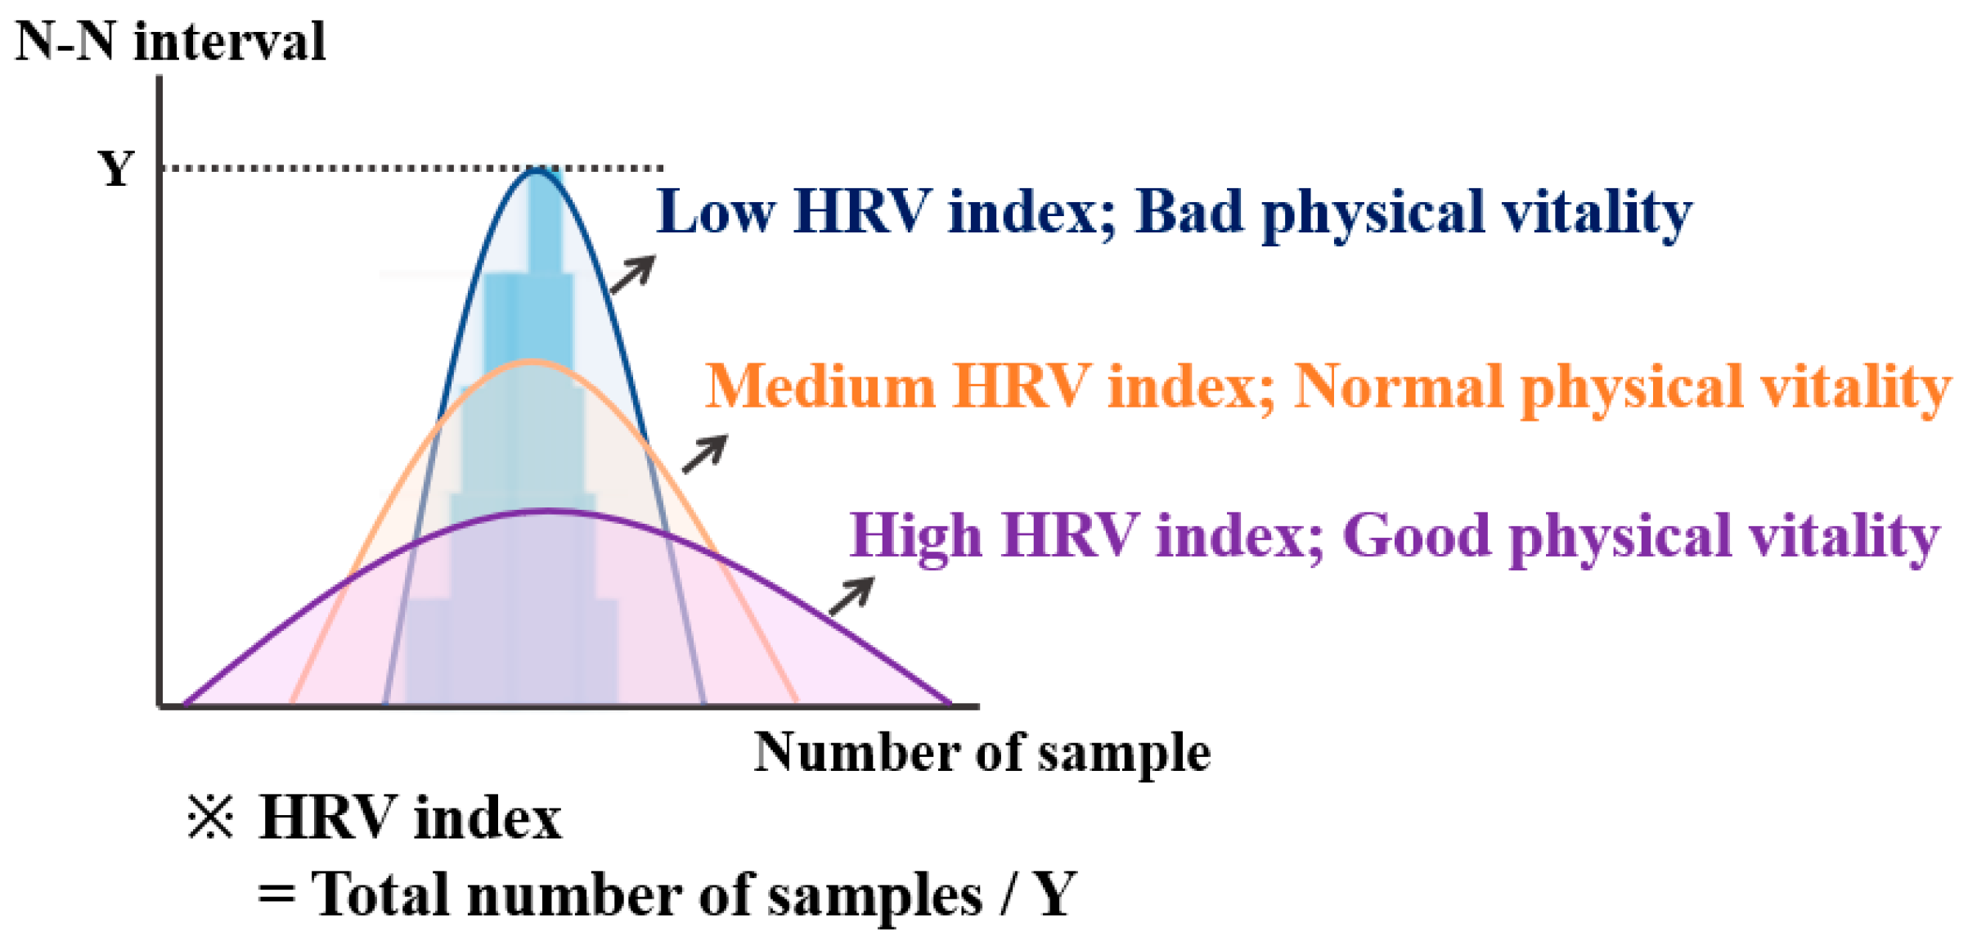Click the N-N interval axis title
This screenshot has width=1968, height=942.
(171, 41)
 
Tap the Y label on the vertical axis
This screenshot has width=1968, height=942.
(116, 169)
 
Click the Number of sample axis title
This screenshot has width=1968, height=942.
(982, 752)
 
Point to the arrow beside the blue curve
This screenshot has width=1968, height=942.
(633, 274)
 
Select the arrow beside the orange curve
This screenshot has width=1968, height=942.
(705, 454)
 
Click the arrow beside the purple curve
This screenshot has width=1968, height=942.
(851, 596)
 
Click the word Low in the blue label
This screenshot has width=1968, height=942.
(716, 212)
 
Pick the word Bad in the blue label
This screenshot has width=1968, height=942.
(1189, 212)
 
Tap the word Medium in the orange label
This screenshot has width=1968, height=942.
(820, 386)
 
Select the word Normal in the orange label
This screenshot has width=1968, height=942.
(1399, 386)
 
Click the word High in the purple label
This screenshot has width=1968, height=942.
(916, 536)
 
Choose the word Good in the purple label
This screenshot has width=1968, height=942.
(1417, 536)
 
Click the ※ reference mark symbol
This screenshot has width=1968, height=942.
(210, 817)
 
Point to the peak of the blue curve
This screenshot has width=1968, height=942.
(537, 169)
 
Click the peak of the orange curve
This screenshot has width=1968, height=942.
(530, 362)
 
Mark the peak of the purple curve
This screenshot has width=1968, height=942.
(546, 512)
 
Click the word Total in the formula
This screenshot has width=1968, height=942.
(381, 895)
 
